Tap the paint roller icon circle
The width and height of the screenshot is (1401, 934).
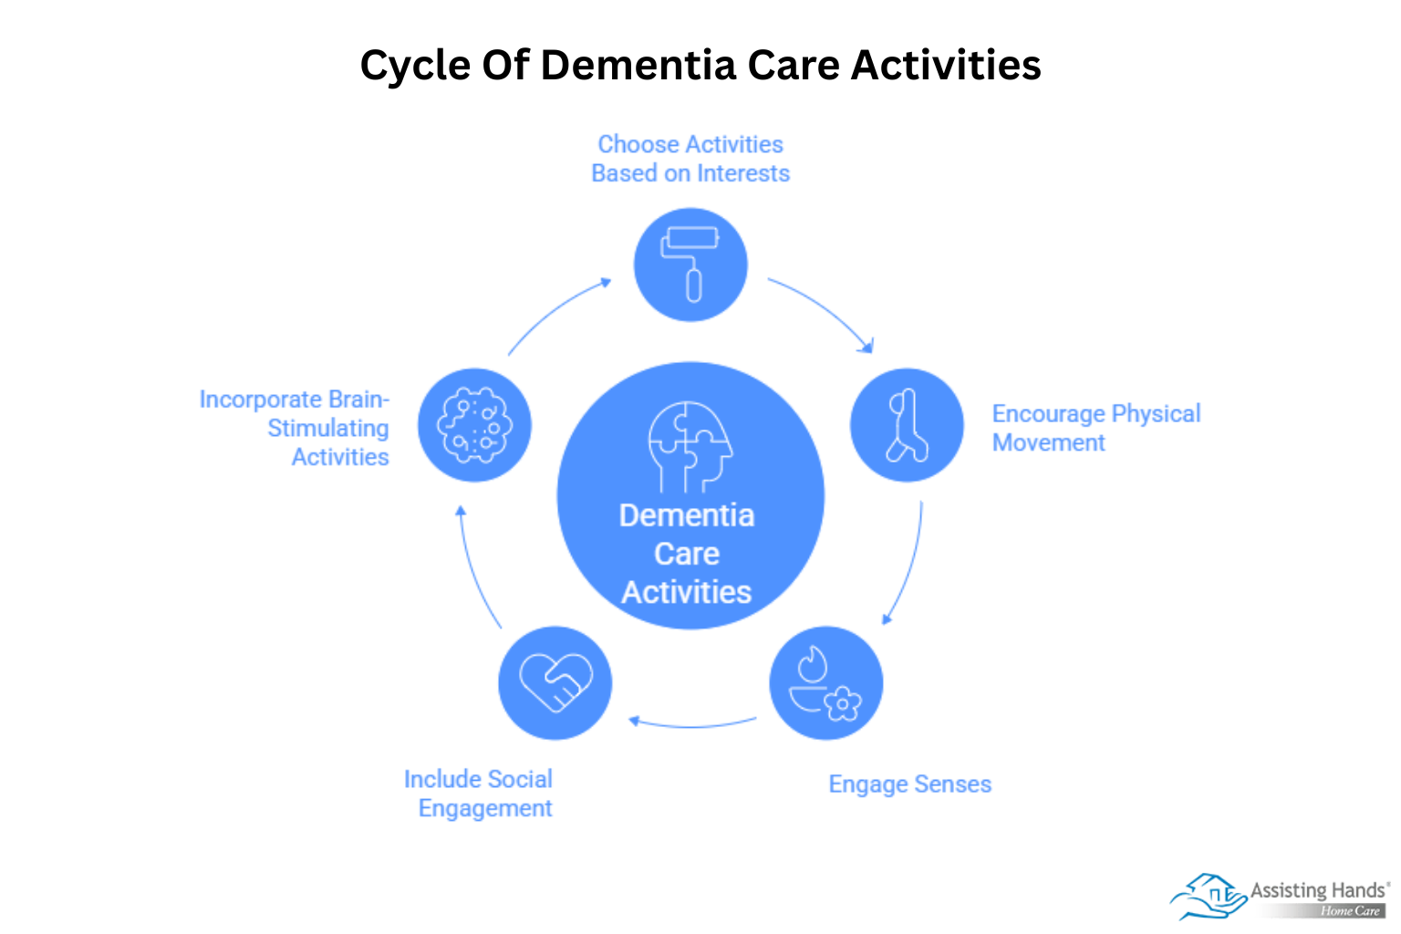coord(690,265)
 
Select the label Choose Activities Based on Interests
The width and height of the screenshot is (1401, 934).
coord(690,159)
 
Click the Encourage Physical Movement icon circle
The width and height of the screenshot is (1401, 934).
coord(907,425)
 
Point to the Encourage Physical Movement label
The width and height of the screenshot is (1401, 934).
coord(1095,428)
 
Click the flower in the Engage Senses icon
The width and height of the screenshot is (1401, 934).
coord(843,703)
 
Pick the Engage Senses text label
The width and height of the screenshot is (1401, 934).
coord(909,784)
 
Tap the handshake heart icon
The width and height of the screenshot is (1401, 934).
coord(555,682)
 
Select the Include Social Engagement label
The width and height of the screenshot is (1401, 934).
coord(479,794)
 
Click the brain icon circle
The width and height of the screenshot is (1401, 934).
coord(474,425)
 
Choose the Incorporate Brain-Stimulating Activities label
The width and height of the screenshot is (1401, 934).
coord(296,428)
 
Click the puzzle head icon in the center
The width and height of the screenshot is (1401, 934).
coord(689,445)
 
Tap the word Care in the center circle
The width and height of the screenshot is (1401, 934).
coord(687,554)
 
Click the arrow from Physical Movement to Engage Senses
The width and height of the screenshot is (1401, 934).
coord(908,566)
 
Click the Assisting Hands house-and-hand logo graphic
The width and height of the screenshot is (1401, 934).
coord(1208,896)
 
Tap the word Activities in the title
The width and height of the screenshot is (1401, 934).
coord(946,66)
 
